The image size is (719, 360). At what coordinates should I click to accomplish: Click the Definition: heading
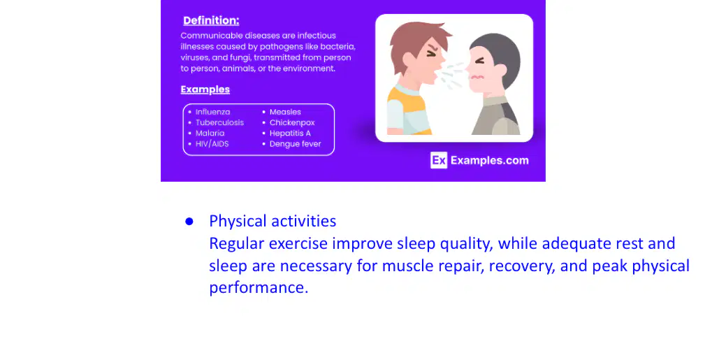211,21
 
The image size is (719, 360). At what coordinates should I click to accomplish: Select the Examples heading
205,89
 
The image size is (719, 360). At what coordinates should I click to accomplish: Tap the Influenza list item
212,112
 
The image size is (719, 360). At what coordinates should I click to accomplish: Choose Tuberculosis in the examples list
219,122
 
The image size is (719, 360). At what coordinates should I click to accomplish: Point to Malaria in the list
210,133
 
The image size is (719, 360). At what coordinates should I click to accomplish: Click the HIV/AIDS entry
212,143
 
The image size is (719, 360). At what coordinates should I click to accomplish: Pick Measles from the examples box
285,112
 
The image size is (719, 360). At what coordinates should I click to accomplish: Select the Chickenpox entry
292,122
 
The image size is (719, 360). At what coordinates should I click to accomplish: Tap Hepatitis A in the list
290,133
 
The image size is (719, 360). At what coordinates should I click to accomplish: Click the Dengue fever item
296,144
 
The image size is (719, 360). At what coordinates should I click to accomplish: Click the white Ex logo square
439,160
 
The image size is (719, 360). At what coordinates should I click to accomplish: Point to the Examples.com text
490,161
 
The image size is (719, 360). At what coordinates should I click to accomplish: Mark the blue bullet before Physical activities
189,222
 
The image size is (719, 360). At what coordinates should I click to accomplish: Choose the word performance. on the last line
259,288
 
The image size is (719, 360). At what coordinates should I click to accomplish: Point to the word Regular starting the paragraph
237,244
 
